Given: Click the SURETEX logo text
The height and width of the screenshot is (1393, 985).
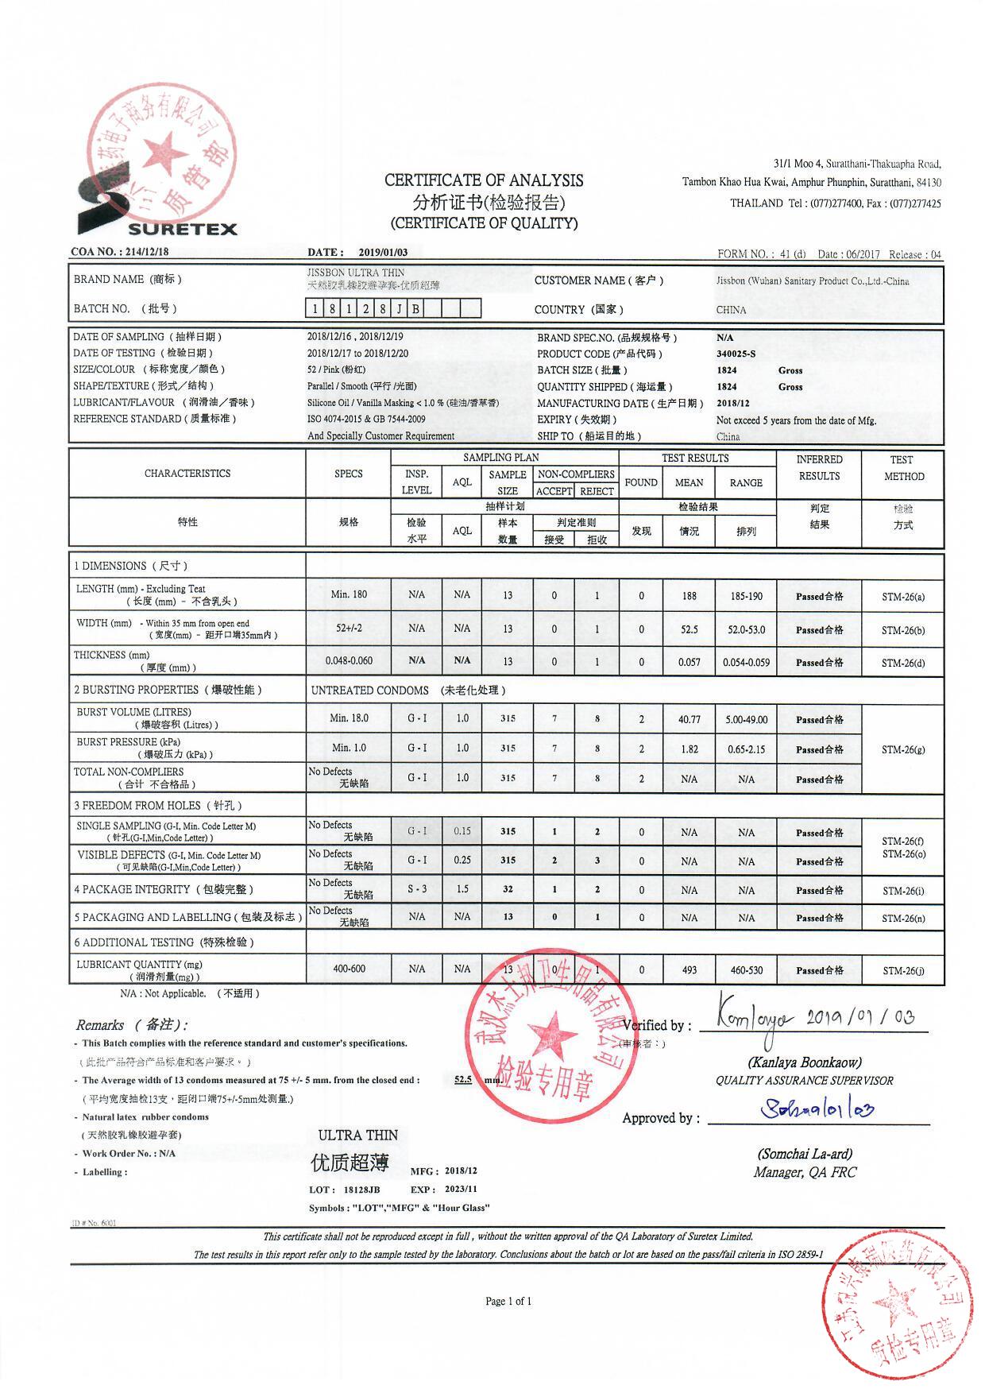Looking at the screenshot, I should click(182, 229).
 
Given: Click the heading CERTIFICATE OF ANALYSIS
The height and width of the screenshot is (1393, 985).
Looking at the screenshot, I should click(484, 180).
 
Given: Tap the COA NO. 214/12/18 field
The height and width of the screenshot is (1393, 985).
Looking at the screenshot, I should click(120, 252).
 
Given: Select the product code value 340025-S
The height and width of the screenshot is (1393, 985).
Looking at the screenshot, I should click(736, 354).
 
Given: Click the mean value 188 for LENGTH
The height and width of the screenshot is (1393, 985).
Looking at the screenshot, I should click(689, 596).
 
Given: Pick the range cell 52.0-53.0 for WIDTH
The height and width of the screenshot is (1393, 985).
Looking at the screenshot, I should click(746, 629).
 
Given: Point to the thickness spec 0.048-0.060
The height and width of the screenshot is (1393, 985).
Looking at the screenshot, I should click(349, 660).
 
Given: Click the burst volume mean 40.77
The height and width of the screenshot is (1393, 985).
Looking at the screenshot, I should click(689, 719).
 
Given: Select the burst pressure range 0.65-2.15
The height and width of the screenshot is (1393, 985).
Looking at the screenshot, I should click(746, 749).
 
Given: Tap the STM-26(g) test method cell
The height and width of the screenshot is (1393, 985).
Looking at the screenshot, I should click(903, 749).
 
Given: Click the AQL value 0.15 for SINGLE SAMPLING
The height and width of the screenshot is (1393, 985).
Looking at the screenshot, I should click(462, 831).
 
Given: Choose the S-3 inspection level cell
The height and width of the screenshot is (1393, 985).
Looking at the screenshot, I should click(417, 889).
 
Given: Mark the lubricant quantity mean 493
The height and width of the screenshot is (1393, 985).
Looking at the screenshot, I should click(689, 969).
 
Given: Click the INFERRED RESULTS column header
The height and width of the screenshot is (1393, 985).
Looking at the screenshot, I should click(819, 467).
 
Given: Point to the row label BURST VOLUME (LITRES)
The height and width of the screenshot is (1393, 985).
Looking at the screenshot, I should click(133, 712).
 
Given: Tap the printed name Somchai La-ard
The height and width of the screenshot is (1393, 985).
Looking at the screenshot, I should click(805, 1154).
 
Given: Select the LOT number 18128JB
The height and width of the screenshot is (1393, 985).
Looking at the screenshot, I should click(361, 1190).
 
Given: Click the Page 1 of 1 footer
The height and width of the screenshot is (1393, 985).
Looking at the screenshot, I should click(508, 1301).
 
